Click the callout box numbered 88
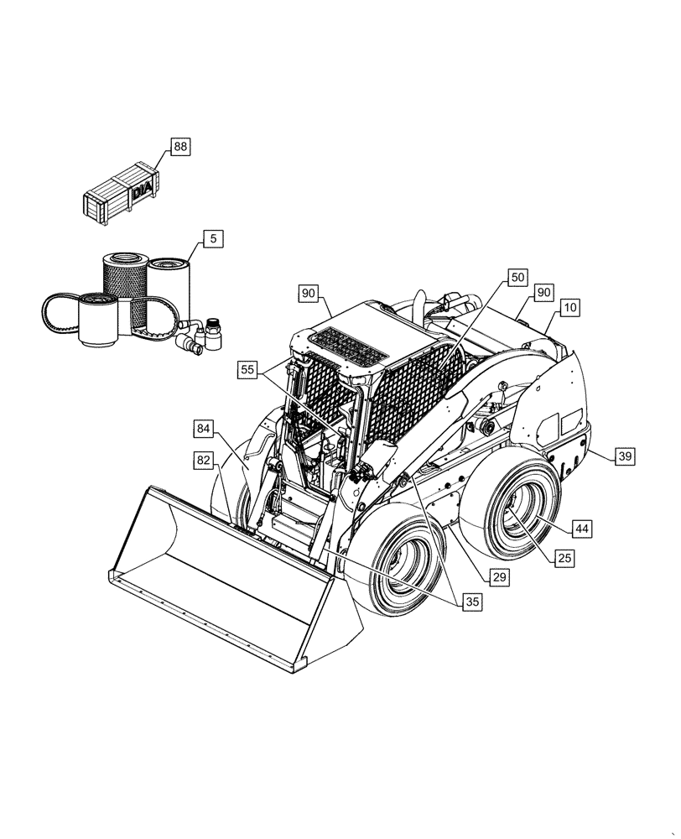pyautogui.click(x=180, y=147)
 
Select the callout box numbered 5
pyautogui.click(x=213, y=239)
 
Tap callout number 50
pyautogui.click(x=517, y=276)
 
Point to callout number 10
pyautogui.click(x=569, y=308)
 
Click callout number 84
pyautogui.click(x=204, y=430)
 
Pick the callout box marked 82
pyautogui.click(x=204, y=460)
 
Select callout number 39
pyautogui.click(x=625, y=456)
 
